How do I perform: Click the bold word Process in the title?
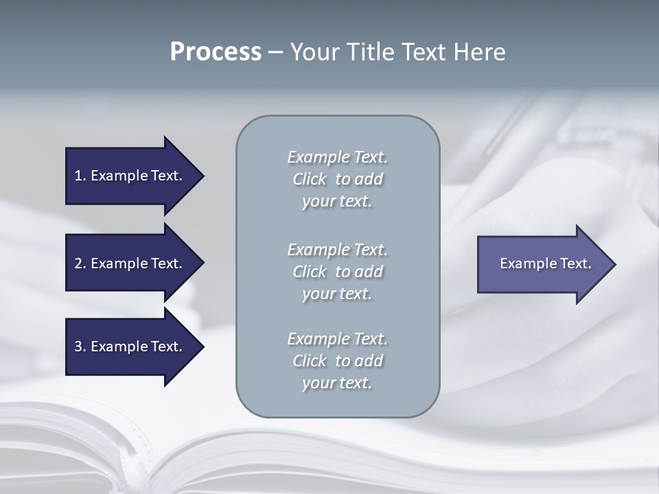(216, 52)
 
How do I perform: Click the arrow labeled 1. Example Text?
(128, 176)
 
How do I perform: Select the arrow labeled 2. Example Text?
(128, 263)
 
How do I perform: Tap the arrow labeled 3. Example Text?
(128, 346)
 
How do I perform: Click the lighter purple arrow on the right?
(545, 264)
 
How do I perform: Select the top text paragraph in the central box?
(337, 179)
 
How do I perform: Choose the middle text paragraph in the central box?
(337, 272)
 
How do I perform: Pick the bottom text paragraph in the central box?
(337, 361)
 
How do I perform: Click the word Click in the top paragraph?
(310, 179)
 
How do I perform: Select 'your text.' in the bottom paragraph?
(337, 383)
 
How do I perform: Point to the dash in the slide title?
(275, 53)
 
